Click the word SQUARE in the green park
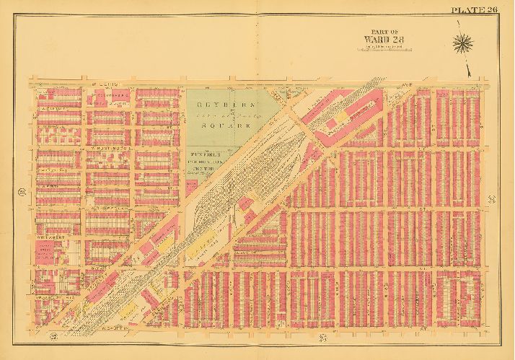click(220, 124)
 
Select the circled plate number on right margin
click(492, 198)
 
